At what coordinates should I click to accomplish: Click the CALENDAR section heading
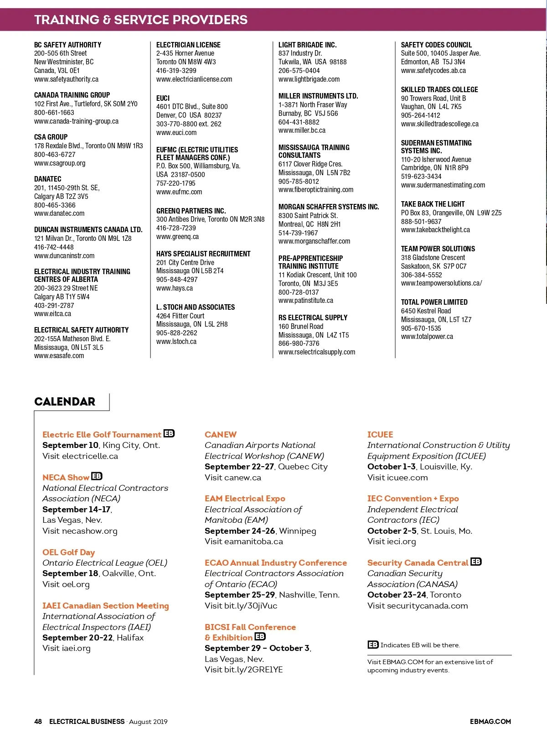pyautogui.click(x=65, y=401)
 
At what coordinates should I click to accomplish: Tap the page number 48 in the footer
pyautogui.click(x=38, y=721)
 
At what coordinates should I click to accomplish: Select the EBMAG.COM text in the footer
pyautogui.click(x=490, y=721)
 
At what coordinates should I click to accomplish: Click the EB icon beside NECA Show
pyautogui.click(x=97, y=476)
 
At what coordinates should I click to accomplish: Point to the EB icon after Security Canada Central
pyautogui.click(x=476, y=562)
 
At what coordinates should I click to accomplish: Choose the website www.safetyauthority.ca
pyautogui.click(x=66, y=79)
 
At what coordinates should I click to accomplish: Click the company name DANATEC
pyautogui.click(x=47, y=179)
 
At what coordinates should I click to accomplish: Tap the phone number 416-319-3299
pyautogui.click(x=176, y=70)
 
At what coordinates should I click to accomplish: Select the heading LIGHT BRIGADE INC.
pyautogui.click(x=307, y=45)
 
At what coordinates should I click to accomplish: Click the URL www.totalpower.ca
pyautogui.click(x=427, y=336)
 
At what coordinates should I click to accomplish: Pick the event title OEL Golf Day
pyautogui.click(x=68, y=552)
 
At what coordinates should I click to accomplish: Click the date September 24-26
pyautogui.click(x=240, y=531)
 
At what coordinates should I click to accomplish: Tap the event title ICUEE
pyautogui.click(x=380, y=434)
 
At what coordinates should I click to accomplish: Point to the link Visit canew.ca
pyautogui.click(x=232, y=477)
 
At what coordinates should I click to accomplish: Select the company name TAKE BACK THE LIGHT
pyautogui.click(x=433, y=204)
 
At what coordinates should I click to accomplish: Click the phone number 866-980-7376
pyautogui.click(x=299, y=343)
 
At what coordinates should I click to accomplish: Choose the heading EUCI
pyautogui.click(x=163, y=98)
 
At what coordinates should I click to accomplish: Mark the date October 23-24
pyautogui.click(x=397, y=594)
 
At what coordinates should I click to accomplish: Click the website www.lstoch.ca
pyautogui.click(x=176, y=341)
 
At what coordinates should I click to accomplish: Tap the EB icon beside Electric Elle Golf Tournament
pyautogui.click(x=169, y=433)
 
